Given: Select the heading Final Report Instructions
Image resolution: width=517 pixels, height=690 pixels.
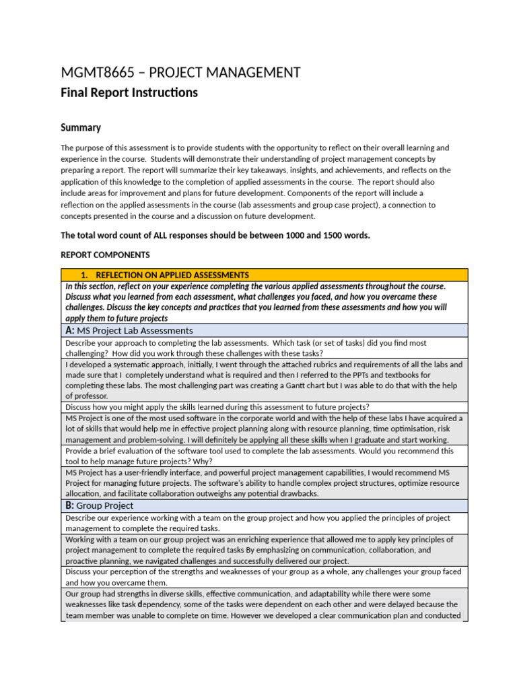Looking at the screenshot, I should (129, 93).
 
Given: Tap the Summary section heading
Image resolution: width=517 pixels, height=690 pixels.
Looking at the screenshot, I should (81, 127).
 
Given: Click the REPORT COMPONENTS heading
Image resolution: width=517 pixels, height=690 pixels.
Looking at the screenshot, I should (106, 255).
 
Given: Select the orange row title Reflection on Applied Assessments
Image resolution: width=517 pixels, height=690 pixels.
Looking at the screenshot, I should (172, 275).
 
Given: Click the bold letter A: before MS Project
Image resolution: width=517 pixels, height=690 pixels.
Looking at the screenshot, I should (70, 330).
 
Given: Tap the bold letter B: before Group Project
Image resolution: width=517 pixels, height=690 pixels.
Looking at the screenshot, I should (70, 505).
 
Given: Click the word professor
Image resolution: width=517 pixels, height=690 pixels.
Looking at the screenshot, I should (89, 396).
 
